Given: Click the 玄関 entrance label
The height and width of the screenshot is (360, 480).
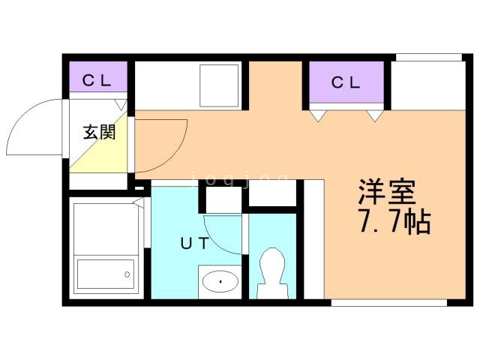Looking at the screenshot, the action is click(x=100, y=133).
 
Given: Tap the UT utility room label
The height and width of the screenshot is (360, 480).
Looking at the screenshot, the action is click(x=195, y=243).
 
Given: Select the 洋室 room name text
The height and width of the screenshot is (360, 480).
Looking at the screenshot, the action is click(x=387, y=191).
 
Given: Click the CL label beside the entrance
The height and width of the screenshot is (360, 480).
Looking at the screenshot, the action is click(x=97, y=80).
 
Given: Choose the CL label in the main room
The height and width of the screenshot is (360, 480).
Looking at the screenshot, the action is click(x=346, y=82).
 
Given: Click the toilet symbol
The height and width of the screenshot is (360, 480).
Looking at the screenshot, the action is click(x=272, y=273).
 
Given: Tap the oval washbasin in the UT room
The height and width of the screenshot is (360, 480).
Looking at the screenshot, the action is click(x=220, y=281).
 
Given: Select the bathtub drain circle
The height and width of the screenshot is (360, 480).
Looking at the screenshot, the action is click(x=127, y=274).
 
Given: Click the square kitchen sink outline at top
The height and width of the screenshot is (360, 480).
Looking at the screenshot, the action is click(x=219, y=85).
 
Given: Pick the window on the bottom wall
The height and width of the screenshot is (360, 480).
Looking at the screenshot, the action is click(x=389, y=303).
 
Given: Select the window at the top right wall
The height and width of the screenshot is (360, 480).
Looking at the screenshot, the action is click(x=429, y=58).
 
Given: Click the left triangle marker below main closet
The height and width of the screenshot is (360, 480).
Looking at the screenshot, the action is click(x=318, y=116).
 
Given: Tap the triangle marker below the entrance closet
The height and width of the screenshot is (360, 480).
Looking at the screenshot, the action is click(x=121, y=104).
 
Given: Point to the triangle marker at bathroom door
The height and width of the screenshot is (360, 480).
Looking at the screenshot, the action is click(x=139, y=202).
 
